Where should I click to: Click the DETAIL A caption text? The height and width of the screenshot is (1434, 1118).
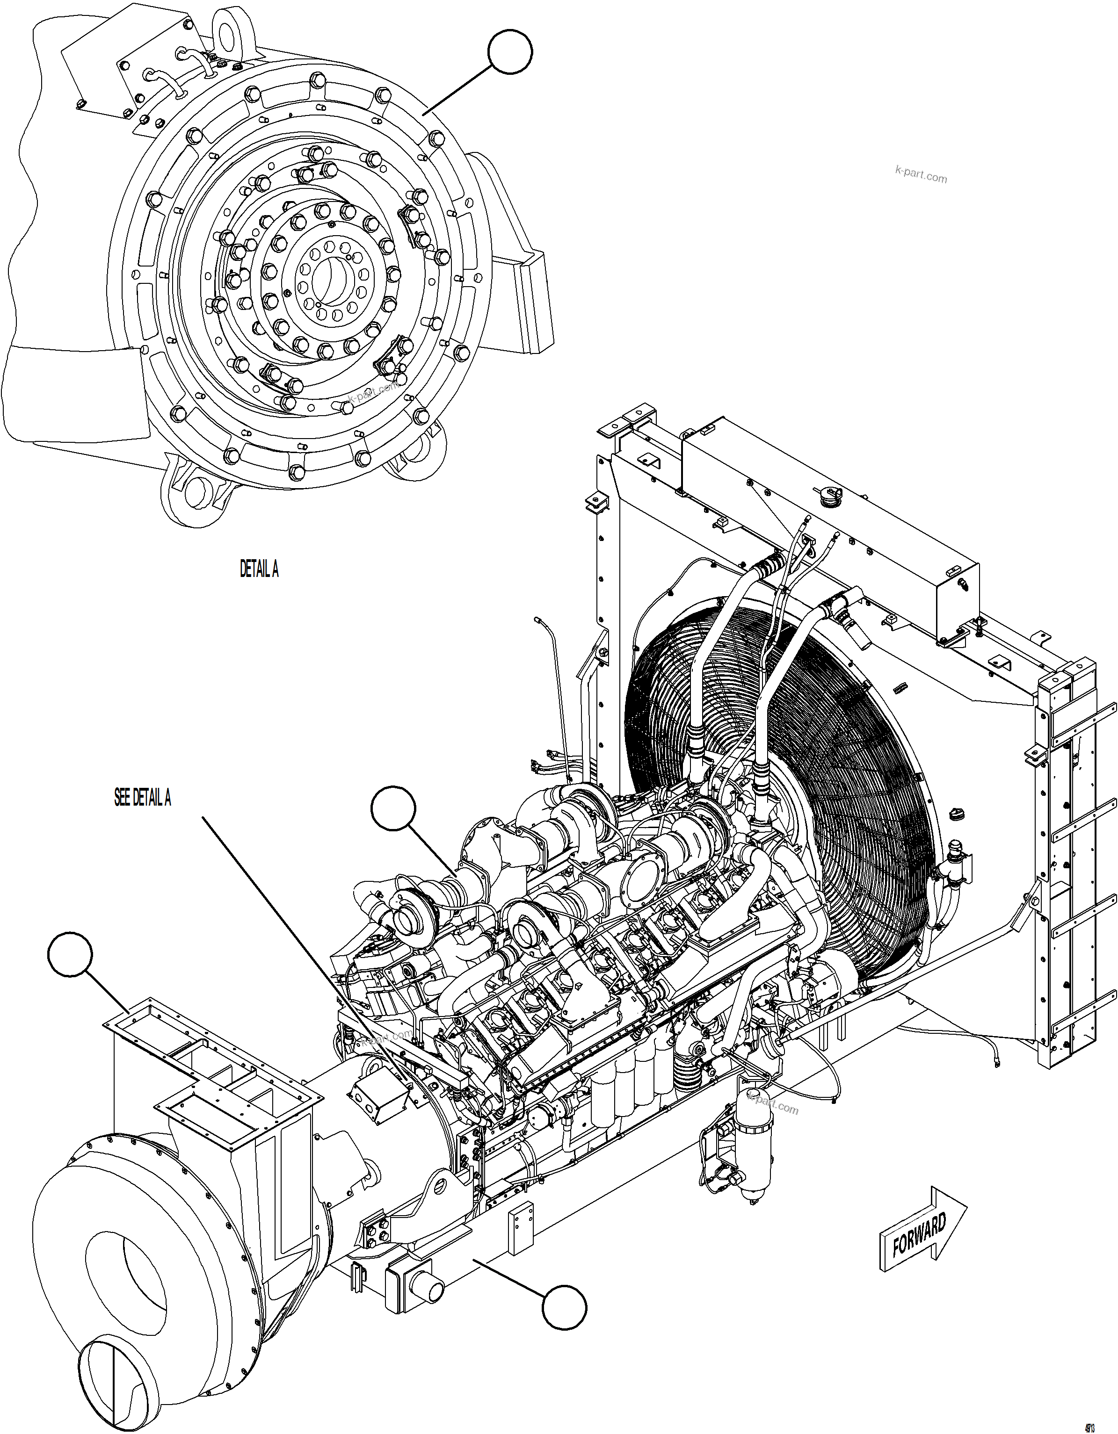(259, 570)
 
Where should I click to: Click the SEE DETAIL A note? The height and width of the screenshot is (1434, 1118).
(143, 798)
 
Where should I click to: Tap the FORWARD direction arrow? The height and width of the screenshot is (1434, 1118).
(922, 1233)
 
